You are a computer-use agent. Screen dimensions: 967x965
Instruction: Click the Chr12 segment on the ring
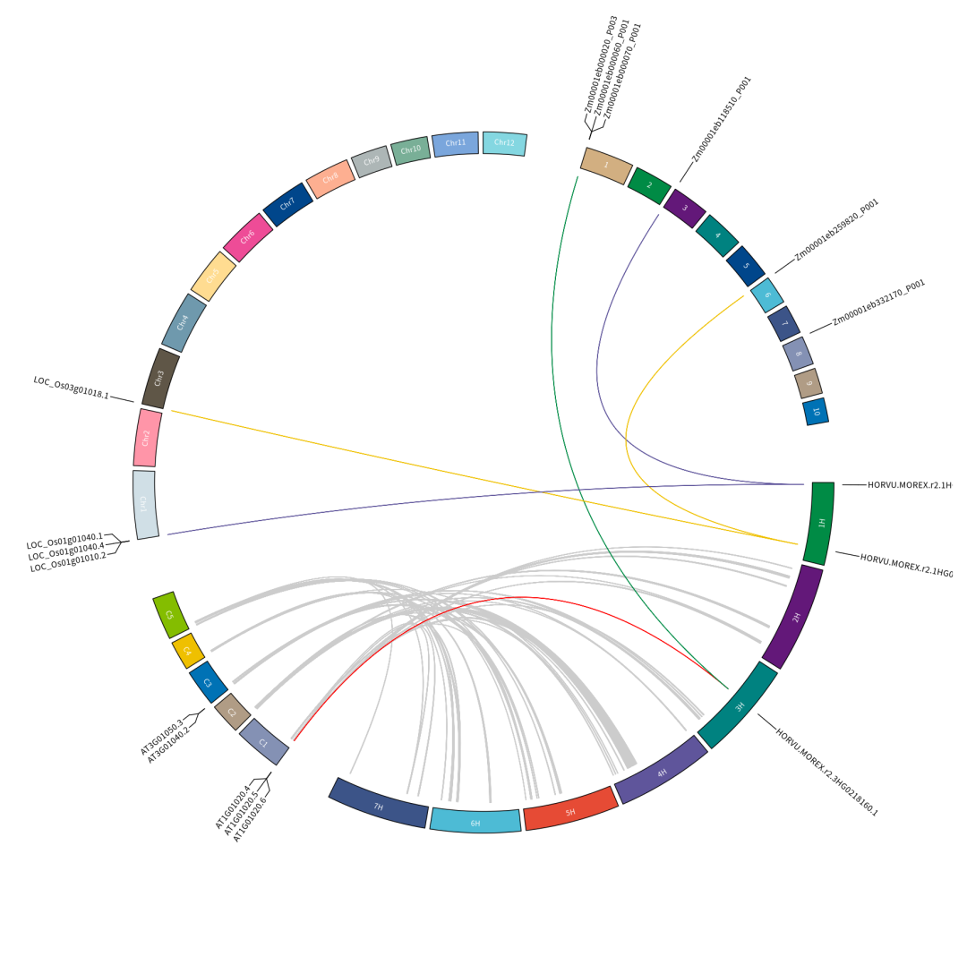pos(504,143)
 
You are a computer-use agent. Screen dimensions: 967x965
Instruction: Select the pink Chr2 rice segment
pos(148,438)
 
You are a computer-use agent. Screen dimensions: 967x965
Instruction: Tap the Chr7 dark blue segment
pos(287,204)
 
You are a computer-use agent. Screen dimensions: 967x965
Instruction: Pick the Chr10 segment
pos(411,150)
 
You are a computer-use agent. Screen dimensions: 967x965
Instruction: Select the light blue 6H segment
pos(475,821)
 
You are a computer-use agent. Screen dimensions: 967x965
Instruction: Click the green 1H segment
pos(820,523)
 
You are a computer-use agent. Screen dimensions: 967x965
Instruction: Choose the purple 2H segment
pos(793,616)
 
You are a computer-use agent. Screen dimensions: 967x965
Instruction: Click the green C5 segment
pos(169,614)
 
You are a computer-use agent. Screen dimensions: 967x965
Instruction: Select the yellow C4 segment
pos(188,650)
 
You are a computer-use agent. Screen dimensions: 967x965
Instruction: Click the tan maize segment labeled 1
pos(606,166)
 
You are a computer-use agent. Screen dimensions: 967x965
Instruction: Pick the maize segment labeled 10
pos(816,412)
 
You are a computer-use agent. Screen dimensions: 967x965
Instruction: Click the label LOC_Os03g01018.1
pos(72,388)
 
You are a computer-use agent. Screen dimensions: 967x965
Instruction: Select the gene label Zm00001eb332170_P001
pos(878,303)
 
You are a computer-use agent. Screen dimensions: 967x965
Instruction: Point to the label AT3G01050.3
pos(161,736)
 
